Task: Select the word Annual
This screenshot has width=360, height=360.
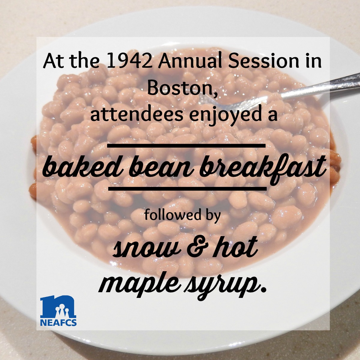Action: pos(190,61)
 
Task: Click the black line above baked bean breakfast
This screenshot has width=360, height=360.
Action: pos(186,145)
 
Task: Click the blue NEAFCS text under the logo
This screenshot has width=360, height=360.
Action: pos(58,322)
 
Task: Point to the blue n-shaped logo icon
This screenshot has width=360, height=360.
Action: pos(58,306)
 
